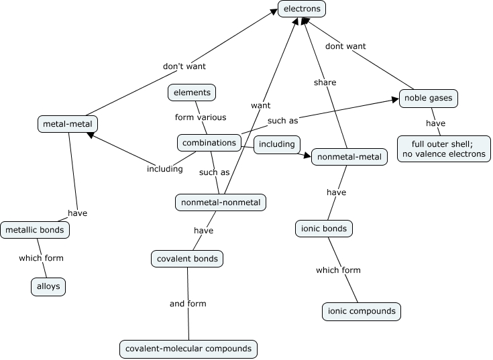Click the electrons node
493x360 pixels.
[x=303, y=9]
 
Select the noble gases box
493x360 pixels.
[x=428, y=99]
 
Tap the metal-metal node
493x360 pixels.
[x=68, y=124]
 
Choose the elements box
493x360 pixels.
[x=192, y=93]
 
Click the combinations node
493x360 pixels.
[x=209, y=143]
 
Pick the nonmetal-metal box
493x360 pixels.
[x=349, y=158]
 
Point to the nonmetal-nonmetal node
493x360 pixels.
[x=221, y=202]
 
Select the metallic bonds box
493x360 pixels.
[x=35, y=230]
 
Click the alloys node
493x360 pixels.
[x=48, y=286]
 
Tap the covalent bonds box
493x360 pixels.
[x=187, y=258]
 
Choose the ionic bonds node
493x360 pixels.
[x=324, y=229]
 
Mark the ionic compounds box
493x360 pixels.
[x=362, y=312]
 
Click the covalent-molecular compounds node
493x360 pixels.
[x=188, y=349]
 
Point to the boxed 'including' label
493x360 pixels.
[x=276, y=144]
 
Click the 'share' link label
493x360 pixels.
[x=325, y=82]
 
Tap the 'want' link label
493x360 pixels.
[x=261, y=106]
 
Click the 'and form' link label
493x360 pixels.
[x=188, y=304]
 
